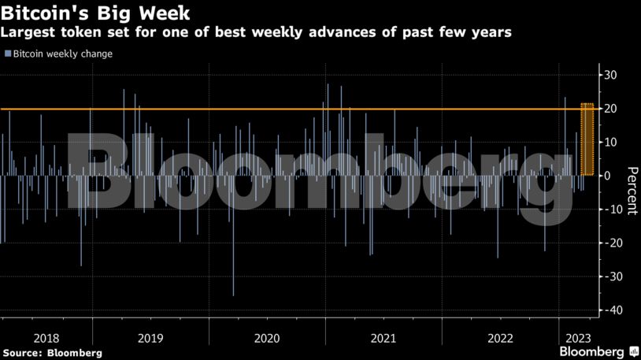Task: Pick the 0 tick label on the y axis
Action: (x=608, y=176)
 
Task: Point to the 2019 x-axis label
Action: (x=150, y=338)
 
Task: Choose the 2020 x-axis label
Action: (x=267, y=338)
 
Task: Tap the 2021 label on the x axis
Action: (x=383, y=338)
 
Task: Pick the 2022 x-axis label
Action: (x=500, y=338)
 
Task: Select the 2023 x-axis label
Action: (x=574, y=338)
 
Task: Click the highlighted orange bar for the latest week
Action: (x=587, y=139)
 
